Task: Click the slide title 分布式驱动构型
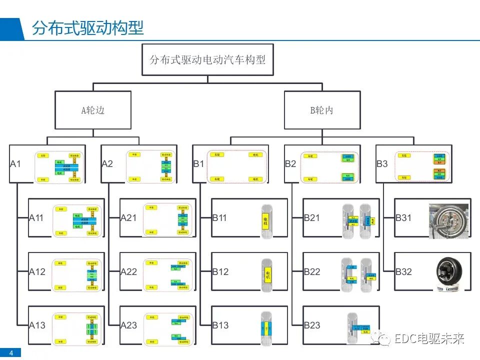point(88,27)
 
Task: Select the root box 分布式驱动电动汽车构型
point(207,59)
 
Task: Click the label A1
point(16,163)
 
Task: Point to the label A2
point(107,163)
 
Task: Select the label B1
point(199,163)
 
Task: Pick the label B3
point(382,163)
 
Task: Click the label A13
point(37,325)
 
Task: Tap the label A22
point(128,271)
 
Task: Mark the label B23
point(312,325)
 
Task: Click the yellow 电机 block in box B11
point(266,219)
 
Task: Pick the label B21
point(312,217)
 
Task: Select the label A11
point(37,217)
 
